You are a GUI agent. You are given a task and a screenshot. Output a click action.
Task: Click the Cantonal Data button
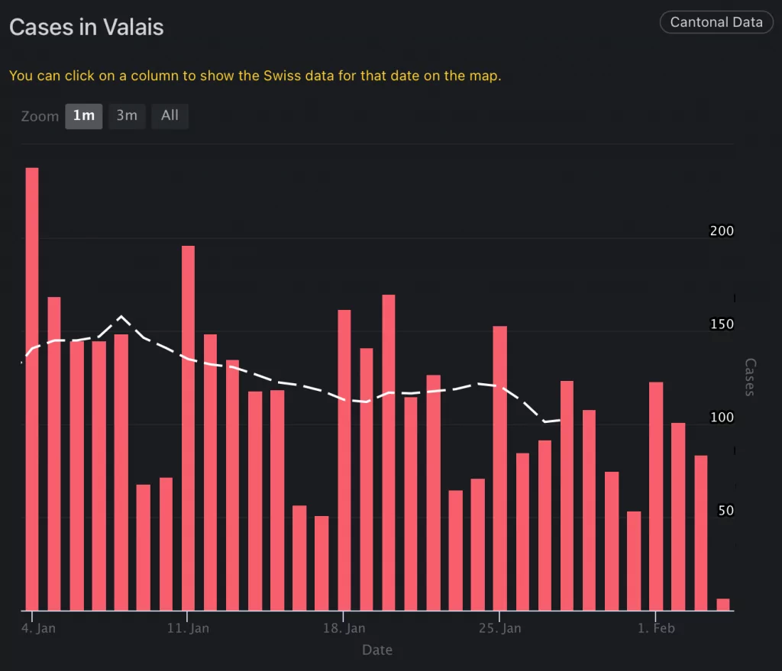[x=716, y=22]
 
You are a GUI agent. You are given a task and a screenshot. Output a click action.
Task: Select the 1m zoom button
[x=83, y=116]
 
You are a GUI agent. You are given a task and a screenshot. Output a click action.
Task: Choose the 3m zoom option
[x=127, y=116]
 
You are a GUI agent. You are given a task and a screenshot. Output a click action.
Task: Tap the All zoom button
[x=170, y=116]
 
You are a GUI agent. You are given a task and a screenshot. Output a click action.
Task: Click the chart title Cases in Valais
[x=86, y=27]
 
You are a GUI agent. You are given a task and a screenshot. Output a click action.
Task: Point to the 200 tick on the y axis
[x=722, y=231]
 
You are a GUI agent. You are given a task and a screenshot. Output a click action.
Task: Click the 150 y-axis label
[x=722, y=324]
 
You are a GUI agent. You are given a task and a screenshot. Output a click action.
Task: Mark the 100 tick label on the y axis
[x=722, y=418]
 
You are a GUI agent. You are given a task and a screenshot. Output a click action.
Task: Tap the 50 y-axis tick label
[x=725, y=511]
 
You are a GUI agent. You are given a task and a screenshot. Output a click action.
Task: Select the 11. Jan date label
[x=188, y=629]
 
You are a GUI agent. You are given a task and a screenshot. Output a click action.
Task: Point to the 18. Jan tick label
[x=344, y=629]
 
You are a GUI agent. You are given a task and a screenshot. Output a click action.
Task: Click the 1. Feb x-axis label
[x=656, y=629]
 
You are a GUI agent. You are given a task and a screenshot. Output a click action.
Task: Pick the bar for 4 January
[x=32, y=389]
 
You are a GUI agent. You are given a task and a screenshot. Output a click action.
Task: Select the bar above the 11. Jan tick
[x=188, y=427]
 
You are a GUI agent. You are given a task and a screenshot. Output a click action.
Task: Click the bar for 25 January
[x=500, y=468]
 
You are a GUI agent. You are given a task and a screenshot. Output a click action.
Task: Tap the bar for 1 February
[x=656, y=496]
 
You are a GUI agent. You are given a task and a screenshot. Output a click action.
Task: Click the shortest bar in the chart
[x=722, y=605]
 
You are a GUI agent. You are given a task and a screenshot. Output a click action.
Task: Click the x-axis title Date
[x=377, y=650]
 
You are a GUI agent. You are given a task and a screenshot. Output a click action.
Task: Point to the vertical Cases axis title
[x=749, y=377]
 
